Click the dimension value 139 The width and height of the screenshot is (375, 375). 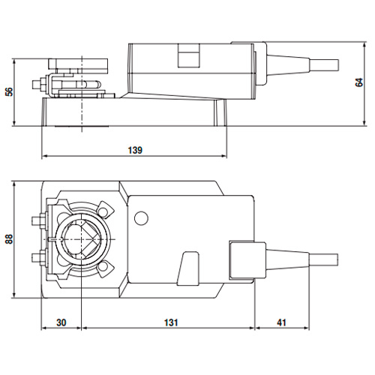134,149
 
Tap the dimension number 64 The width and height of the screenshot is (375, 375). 361,82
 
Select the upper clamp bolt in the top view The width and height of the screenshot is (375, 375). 37,221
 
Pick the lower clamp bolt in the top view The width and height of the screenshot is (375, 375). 37,259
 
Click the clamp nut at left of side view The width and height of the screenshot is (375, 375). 37,86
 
